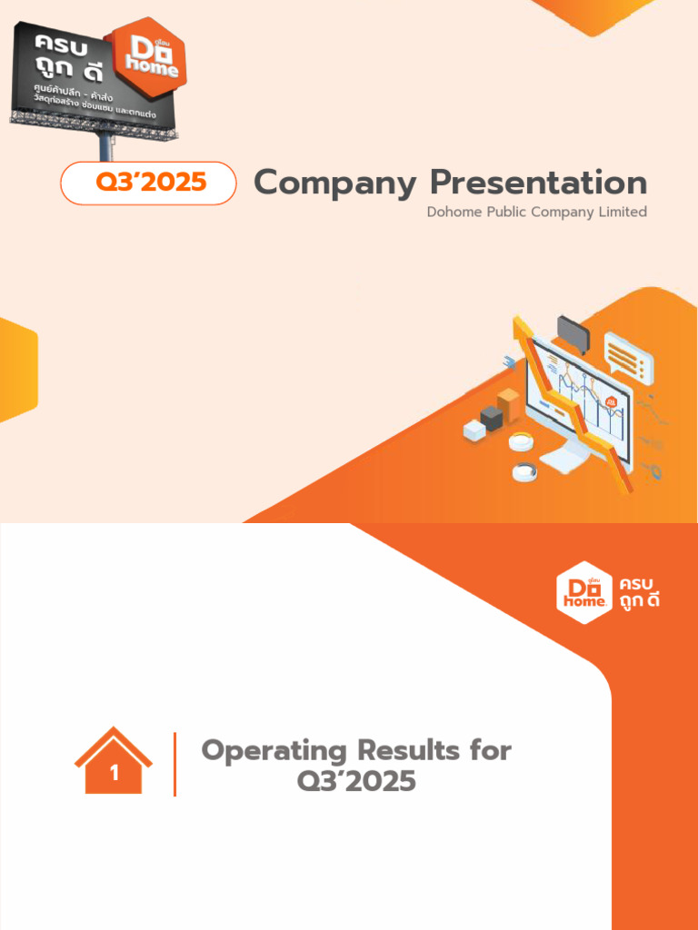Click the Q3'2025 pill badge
click(148, 183)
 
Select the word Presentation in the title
click(538, 183)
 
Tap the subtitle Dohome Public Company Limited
click(536, 212)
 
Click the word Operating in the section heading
click(274, 750)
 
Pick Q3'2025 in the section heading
click(356, 780)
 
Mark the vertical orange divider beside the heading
click(174, 764)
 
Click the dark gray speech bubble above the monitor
click(573, 333)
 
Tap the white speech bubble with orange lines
click(628, 357)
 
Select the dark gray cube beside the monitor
click(492, 418)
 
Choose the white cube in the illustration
click(474, 430)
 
